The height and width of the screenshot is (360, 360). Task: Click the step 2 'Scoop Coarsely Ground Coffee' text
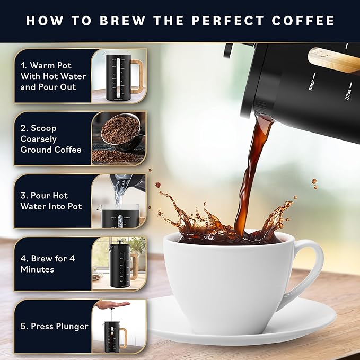[51, 139]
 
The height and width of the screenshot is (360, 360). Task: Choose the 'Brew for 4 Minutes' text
[45, 264]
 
